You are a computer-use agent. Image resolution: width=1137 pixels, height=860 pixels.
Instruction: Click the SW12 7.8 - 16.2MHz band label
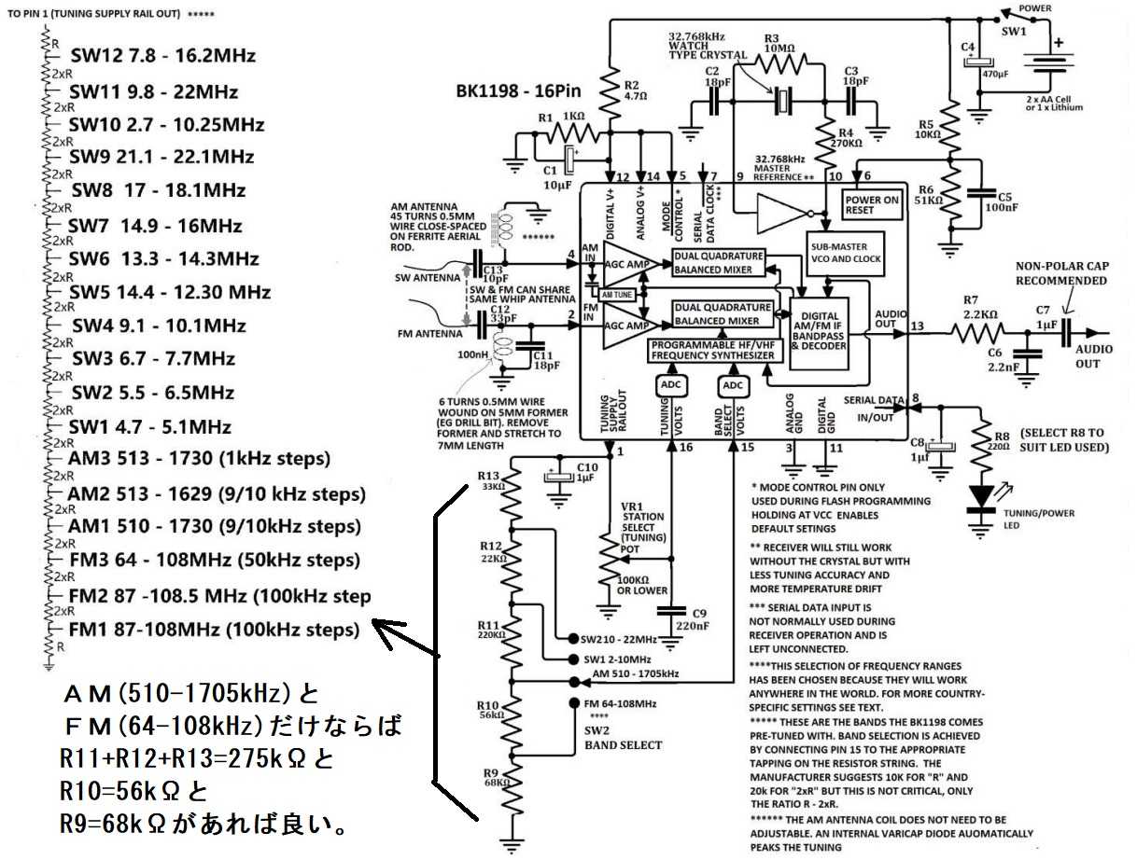point(162,56)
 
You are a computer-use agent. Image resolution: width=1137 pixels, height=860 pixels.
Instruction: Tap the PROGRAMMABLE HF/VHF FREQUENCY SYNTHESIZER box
point(712,350)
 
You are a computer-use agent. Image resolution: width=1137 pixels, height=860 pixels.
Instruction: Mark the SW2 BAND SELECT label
point(623,738)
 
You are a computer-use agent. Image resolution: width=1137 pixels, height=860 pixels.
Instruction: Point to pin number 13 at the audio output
point(919,326)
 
